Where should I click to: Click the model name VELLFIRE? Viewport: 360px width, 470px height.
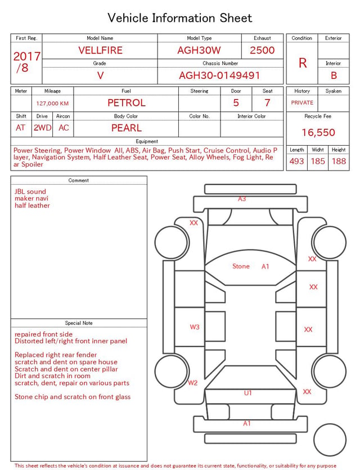click(x=100, y=50)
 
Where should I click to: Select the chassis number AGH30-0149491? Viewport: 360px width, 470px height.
click(x=219, y=75)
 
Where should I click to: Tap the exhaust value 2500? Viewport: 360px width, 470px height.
click(x=262, y=50)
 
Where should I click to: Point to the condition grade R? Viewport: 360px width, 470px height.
click(x=303, y=63)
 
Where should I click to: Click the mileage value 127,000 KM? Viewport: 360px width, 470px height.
click(x=52, y=104)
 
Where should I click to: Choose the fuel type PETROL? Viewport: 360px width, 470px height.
click(x=127, y=103)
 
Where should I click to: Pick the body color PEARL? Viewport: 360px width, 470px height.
click(x=127, y=128)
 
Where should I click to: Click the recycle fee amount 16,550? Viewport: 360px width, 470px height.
click(x=318, y=132)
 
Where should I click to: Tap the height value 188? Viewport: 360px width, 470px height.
click(x=339, y=161)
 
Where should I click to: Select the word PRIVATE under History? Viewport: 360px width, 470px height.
click(x=302, y=102)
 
